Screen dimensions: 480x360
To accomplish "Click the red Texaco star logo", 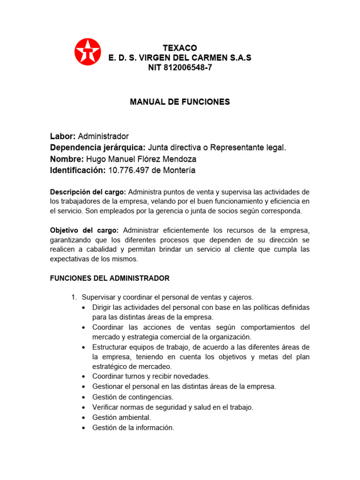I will click(88, 51).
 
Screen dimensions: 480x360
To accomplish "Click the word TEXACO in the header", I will click(180, 48).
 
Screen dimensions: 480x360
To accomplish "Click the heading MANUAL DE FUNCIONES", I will click(180, 102).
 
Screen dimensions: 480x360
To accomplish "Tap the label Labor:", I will click(63, 136).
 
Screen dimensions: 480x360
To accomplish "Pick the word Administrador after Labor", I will click(103, 136).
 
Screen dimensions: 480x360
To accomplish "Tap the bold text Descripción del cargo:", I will click(88, 192).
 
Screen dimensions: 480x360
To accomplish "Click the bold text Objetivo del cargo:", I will click(84, 230).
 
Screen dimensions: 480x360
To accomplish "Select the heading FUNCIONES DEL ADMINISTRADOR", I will click(110, 278).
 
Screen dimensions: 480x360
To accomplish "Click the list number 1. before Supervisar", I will click(74, 297).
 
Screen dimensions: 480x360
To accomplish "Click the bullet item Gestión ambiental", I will click(122, 417).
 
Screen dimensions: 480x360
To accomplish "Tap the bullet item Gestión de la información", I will click(133, 427).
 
